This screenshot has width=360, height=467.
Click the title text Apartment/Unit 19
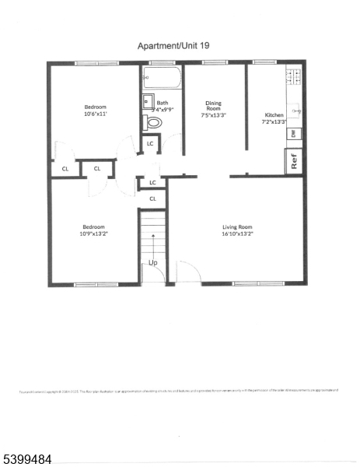173,46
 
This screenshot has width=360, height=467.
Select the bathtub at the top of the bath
162,78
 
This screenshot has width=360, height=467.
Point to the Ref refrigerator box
294,163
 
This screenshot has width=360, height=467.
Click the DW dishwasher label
293,134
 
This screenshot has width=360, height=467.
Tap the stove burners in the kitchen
295,76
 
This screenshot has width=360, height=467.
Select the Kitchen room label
274,114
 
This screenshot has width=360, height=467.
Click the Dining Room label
214,107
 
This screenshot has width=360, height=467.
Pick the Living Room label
237,226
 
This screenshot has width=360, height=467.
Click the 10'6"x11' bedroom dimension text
95,114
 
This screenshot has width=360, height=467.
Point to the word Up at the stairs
153,262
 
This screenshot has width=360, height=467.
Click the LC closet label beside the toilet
151,143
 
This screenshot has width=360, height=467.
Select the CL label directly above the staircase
152,198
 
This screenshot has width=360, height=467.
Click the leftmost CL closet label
65,168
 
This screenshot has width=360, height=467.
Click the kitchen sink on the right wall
296,111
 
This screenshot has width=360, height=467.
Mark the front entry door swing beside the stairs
188,271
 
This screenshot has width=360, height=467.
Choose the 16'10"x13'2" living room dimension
237,233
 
